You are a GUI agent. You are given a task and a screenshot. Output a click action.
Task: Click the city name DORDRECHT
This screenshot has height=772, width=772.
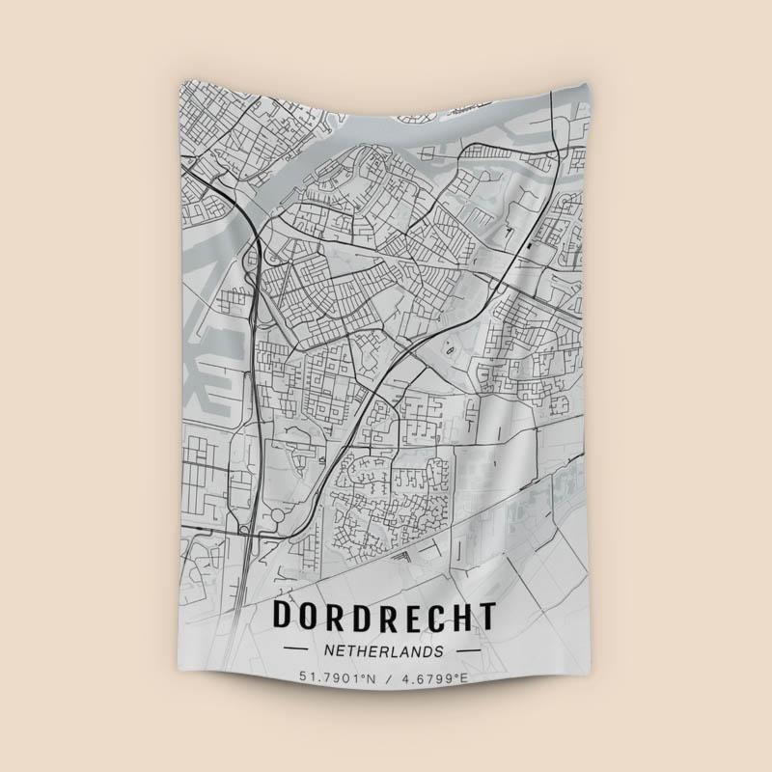point(385,615)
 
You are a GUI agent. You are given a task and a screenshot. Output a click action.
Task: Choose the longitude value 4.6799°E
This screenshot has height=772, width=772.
point(434,678)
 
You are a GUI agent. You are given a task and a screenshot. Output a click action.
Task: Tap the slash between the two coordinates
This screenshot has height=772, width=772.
point(386,678)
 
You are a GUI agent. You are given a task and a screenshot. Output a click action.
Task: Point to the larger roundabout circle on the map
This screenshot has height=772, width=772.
point(279,517)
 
